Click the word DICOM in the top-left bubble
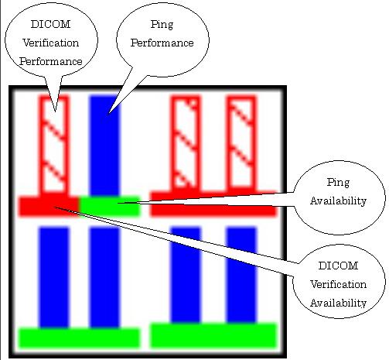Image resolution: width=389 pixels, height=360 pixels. pos(50,24)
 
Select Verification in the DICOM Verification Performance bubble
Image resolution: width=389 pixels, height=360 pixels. pos(51,43)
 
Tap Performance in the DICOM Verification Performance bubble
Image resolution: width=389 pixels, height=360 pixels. pos(51,61)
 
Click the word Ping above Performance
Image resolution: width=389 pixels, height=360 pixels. pos(162,25)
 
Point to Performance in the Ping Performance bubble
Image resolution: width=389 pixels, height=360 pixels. pos(162,43)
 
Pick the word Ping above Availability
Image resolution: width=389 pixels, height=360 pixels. pos(338,183)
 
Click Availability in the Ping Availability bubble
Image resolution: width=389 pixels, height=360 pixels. pos(338,201)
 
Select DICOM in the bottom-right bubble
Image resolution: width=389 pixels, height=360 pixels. pos(338,266)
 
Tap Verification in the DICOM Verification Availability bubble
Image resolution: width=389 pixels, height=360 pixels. pos(338,284)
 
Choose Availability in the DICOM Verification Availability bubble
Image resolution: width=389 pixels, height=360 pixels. pos(338,303)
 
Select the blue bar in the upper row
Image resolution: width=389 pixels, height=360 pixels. pos(104,145)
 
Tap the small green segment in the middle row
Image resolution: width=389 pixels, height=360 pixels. pos(109,206)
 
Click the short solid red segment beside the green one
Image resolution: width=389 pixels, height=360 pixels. pos(49,206)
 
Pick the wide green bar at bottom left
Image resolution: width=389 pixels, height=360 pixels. pos(79,338)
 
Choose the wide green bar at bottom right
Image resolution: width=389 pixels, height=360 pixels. pos(213,335)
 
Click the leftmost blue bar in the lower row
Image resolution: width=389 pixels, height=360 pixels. pos(54,277)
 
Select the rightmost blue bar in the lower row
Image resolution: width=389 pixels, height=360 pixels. pos(241,275)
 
